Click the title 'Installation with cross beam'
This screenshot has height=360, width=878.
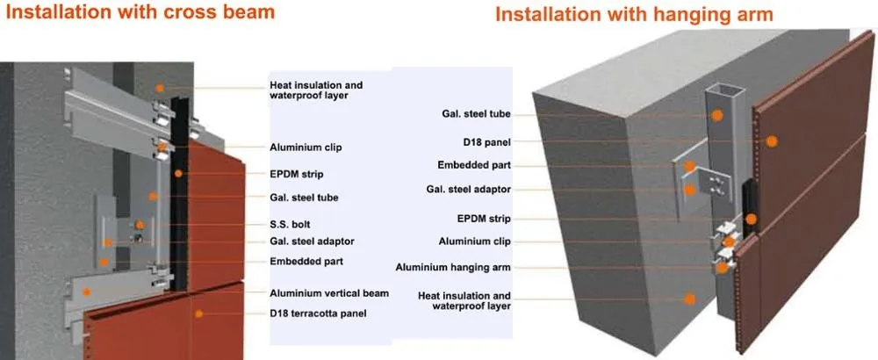click(x=140, y=11)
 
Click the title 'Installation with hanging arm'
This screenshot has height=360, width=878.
click(x=634, y=15)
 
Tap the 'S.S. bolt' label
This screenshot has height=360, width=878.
click(x=290, y=225)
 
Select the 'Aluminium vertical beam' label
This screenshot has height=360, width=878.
click(x=329, y=293)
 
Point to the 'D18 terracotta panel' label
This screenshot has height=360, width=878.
click(x=318, y=313)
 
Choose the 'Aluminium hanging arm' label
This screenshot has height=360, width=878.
click(x=453, y=268)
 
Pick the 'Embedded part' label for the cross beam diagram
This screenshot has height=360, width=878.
click(x=306, y=262)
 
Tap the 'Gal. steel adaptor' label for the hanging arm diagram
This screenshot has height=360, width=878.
click(x=469, y=190)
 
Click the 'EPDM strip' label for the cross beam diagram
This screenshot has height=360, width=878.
click(x=296, y=174)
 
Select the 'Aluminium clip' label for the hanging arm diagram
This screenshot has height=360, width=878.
click(x=475, y=241)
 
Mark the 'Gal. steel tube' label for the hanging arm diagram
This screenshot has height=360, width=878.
click(x=476, y=114)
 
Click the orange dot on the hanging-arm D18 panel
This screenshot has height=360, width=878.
click(x=772, y=141)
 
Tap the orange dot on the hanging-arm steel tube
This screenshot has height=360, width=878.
click(x=716, y=115)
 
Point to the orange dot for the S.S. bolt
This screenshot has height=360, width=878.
click(x=140, y=225)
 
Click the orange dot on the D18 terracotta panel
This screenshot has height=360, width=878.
click(x=198, y=313)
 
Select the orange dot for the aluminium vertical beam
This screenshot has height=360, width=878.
click(x=86, y=292)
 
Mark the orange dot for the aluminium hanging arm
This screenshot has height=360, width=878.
click(x=723, y=268)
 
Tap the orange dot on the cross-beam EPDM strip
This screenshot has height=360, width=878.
click(x=178, y=174)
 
